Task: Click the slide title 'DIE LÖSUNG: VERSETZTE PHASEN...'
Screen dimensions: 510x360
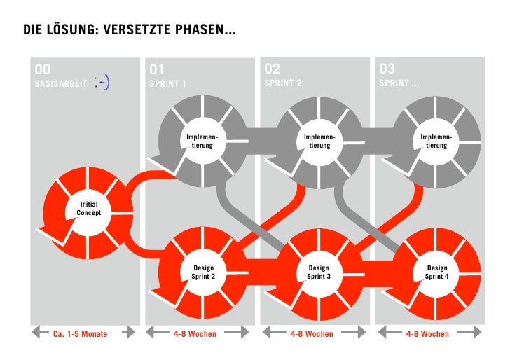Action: [x=130, y=30]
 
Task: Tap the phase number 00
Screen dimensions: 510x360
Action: [x=43, y=69]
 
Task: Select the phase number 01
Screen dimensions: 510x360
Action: [x=156, y=69]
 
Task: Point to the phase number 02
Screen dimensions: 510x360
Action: [x=272, y=69]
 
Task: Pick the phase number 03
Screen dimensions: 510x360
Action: [x=387, y=69]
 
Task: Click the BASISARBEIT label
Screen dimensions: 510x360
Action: [x=61, y=84]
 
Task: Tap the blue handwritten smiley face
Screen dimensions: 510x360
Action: [x=102, y=83]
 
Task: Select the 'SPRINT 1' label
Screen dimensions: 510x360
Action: [x=168, y=84]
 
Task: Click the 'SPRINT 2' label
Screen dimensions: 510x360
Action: [x=283, y=83]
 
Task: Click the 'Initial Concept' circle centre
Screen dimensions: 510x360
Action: [x=88, y=208]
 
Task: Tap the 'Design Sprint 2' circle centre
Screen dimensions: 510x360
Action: [x=203, y=272]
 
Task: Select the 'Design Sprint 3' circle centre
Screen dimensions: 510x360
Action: [x=319, y=272]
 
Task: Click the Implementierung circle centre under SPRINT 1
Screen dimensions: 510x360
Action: [x=203, y=141]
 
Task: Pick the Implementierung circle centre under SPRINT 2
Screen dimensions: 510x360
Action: [x=319, y=141]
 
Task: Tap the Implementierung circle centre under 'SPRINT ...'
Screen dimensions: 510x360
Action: [x=436, y=141]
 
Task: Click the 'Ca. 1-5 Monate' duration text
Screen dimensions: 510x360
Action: [x=81, y=334]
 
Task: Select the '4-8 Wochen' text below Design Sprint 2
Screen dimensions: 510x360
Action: [x=195, y=334]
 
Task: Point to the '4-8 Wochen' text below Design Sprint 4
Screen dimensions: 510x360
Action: [x=427, y=334]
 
